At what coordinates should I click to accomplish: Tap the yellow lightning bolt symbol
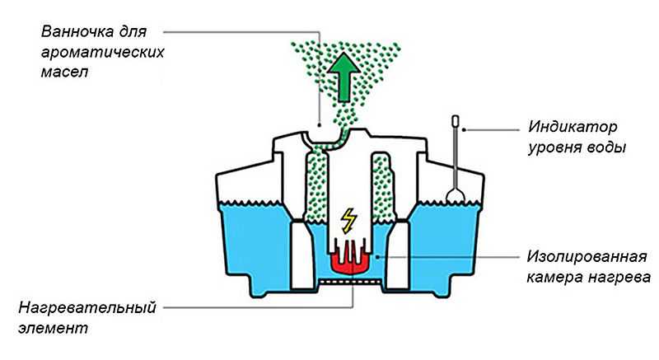(x=349, y=220)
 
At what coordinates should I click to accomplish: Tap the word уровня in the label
(x=555, y=148)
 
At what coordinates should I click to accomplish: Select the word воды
(x=607, y=148)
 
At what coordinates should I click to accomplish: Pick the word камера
(x=557, y=274)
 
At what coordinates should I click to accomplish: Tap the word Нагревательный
(x=87, y=309)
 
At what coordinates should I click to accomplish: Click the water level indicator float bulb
(x=455, y=194)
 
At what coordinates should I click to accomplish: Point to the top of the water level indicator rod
(x=454, y=120)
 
